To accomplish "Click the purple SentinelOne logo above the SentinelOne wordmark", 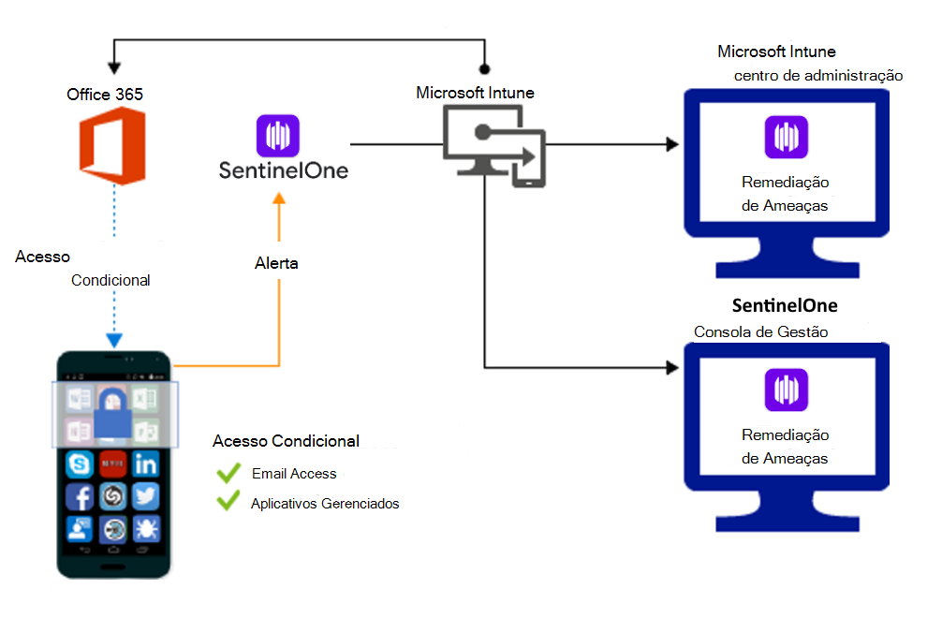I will [277, 136].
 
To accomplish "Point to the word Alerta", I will [276, 263].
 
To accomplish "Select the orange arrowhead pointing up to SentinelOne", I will [278, 198].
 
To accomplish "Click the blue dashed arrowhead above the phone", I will [112, 341].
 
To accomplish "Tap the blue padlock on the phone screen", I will [112, 411].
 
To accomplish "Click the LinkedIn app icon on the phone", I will [145, 463].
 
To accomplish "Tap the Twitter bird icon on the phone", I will [145, 496].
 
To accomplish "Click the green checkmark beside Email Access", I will [228, 474].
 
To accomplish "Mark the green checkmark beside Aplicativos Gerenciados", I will [228, 503].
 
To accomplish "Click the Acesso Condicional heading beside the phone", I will [286, 441].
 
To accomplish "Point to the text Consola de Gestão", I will [760, 332].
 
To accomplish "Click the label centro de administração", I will [818, 75].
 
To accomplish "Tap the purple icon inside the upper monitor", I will [786, 137].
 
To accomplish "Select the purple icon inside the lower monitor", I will [786, 390].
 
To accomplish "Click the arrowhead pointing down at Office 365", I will [114, 68].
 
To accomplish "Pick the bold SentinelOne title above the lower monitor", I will [785, 306].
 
